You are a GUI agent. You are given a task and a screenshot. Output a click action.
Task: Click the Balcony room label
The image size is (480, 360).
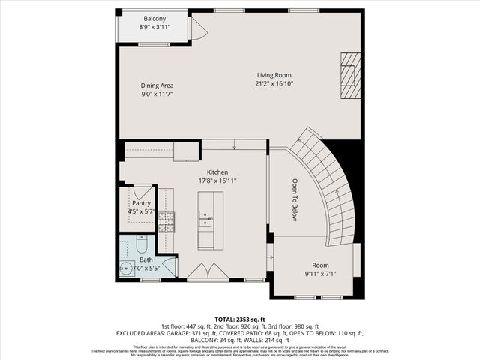155,18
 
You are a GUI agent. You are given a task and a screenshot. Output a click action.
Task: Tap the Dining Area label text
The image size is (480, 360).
157,85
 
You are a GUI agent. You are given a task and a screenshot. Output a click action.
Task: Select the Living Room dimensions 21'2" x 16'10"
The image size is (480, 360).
274,84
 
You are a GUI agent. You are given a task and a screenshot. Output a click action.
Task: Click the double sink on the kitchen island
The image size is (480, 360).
205,219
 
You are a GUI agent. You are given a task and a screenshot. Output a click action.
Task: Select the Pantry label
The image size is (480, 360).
141,203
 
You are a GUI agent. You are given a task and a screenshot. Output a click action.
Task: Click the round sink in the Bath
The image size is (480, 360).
123,267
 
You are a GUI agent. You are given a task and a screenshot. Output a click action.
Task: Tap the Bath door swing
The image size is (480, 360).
170,266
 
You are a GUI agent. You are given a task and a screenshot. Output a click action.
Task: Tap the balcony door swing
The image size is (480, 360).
198,29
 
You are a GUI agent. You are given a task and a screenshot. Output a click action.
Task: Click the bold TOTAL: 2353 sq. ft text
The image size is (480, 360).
239,319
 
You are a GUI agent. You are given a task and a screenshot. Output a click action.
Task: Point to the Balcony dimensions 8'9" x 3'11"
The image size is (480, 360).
155,27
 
